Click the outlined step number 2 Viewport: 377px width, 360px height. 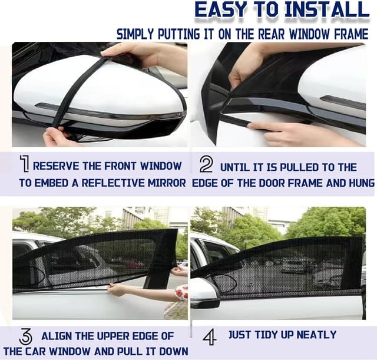(x=206, y=164)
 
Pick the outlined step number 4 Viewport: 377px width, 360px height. (x=210, y=336)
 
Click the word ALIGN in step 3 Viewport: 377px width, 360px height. (x=57, y=336)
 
